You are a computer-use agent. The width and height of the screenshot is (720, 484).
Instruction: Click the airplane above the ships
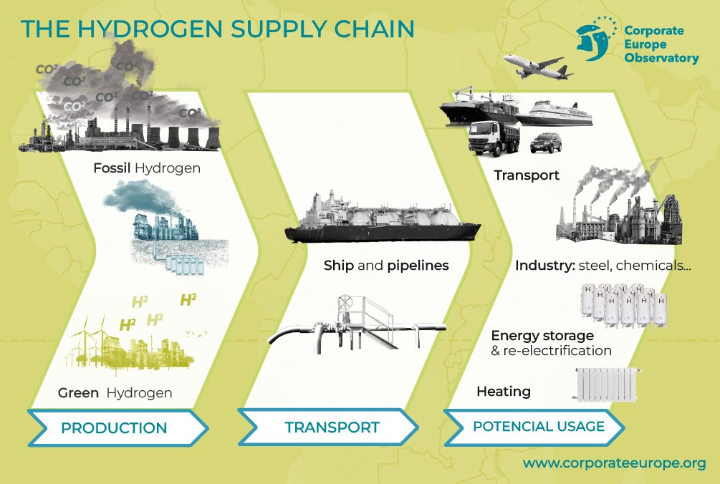[x=538, y=66]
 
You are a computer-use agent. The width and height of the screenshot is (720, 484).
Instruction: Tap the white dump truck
[x=494, y=137]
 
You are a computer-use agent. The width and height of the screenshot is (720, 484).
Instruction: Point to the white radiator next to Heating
[x=608, y=384]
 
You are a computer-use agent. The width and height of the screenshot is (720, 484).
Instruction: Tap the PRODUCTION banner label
[x=114, y=428]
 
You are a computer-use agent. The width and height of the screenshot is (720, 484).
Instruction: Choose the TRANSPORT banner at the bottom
[x=332, y=427]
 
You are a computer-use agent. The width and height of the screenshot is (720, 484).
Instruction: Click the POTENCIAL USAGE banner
[x=539, y=427]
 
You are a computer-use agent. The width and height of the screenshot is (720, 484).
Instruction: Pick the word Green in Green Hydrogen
[x=79, y=393]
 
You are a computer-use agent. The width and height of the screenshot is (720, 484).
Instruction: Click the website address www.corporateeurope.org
[x=614, y=463]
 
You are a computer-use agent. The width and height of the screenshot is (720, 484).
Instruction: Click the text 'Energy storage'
[x=542, y=335]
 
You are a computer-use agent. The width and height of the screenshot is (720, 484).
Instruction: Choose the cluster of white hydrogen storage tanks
[x=622, y=301]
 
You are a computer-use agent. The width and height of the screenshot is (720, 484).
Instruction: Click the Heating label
[x=504, y=392]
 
